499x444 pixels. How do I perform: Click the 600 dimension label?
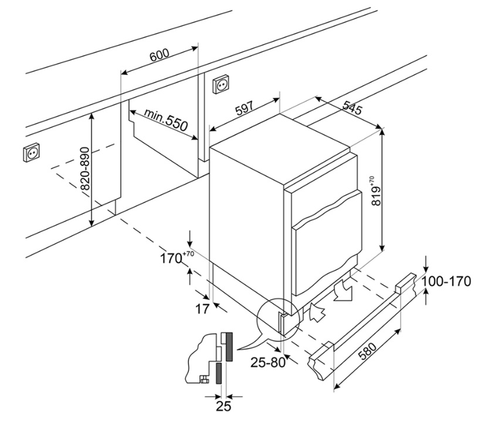point(159,56)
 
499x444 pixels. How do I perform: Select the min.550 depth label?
point(166,119)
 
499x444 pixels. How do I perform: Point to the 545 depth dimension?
point(353,107)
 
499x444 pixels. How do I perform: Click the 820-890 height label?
point(84,170)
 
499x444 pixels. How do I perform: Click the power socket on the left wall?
point(32,153)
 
